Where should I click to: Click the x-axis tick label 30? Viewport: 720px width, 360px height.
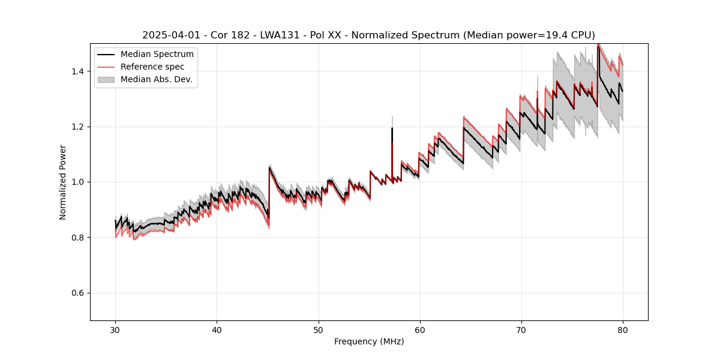[116, 329]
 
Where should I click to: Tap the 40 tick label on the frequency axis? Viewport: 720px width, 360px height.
[217, 329]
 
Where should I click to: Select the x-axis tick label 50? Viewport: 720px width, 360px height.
[319, 329]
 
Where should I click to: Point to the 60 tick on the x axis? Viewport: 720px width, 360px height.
[420, 329]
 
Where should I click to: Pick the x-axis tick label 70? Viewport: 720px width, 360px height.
[521, 329]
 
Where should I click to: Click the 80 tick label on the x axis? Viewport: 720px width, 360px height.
[623, 329]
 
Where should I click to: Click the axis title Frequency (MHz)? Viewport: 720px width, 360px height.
[369, 341]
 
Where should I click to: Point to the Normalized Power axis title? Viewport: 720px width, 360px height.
[63, 182]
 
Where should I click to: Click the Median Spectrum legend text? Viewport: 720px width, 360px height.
[157, 55]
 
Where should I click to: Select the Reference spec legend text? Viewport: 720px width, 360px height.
[152, 67]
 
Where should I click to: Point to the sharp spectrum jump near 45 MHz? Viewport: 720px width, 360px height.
[269, 192]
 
